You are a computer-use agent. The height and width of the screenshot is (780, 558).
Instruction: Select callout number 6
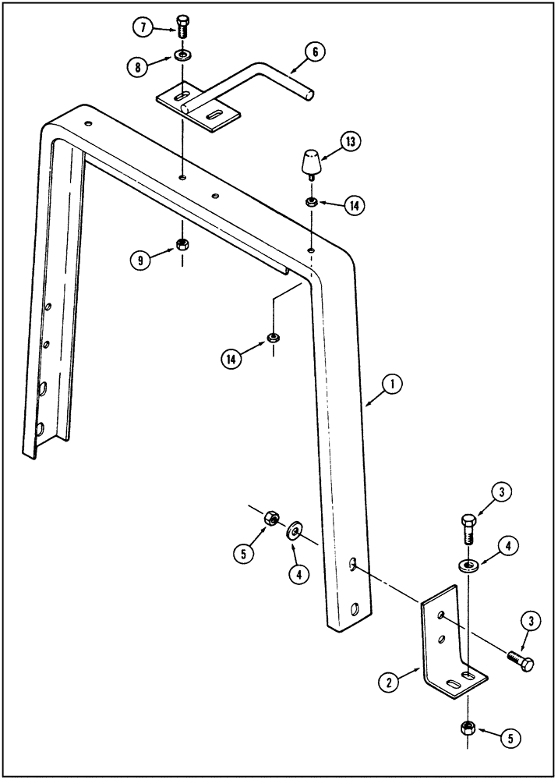pos(313,53)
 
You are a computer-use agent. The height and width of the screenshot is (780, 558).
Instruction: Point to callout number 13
pos(351,142)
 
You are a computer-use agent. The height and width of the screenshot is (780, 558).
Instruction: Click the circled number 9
pos(140,261)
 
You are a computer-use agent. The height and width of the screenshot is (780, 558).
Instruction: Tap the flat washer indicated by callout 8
pos(182,56)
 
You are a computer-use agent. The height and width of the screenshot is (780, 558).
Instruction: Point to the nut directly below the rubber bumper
pos(311,202)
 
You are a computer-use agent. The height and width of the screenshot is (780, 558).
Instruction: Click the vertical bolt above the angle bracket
pos(468,530)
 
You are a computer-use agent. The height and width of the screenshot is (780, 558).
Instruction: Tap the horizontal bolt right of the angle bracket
pos(521,662)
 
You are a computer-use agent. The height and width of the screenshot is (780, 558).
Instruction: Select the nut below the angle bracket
pos(468,728)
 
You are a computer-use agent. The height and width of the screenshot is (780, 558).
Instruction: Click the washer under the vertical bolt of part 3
pos(468,563)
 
